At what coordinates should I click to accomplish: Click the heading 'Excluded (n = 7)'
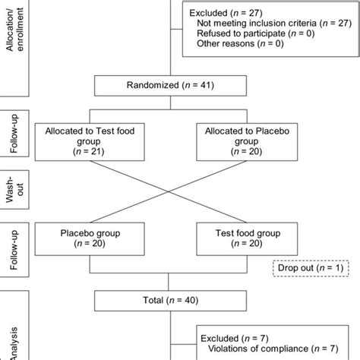point(231,338)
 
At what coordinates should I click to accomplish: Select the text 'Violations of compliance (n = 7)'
point(271,350)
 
